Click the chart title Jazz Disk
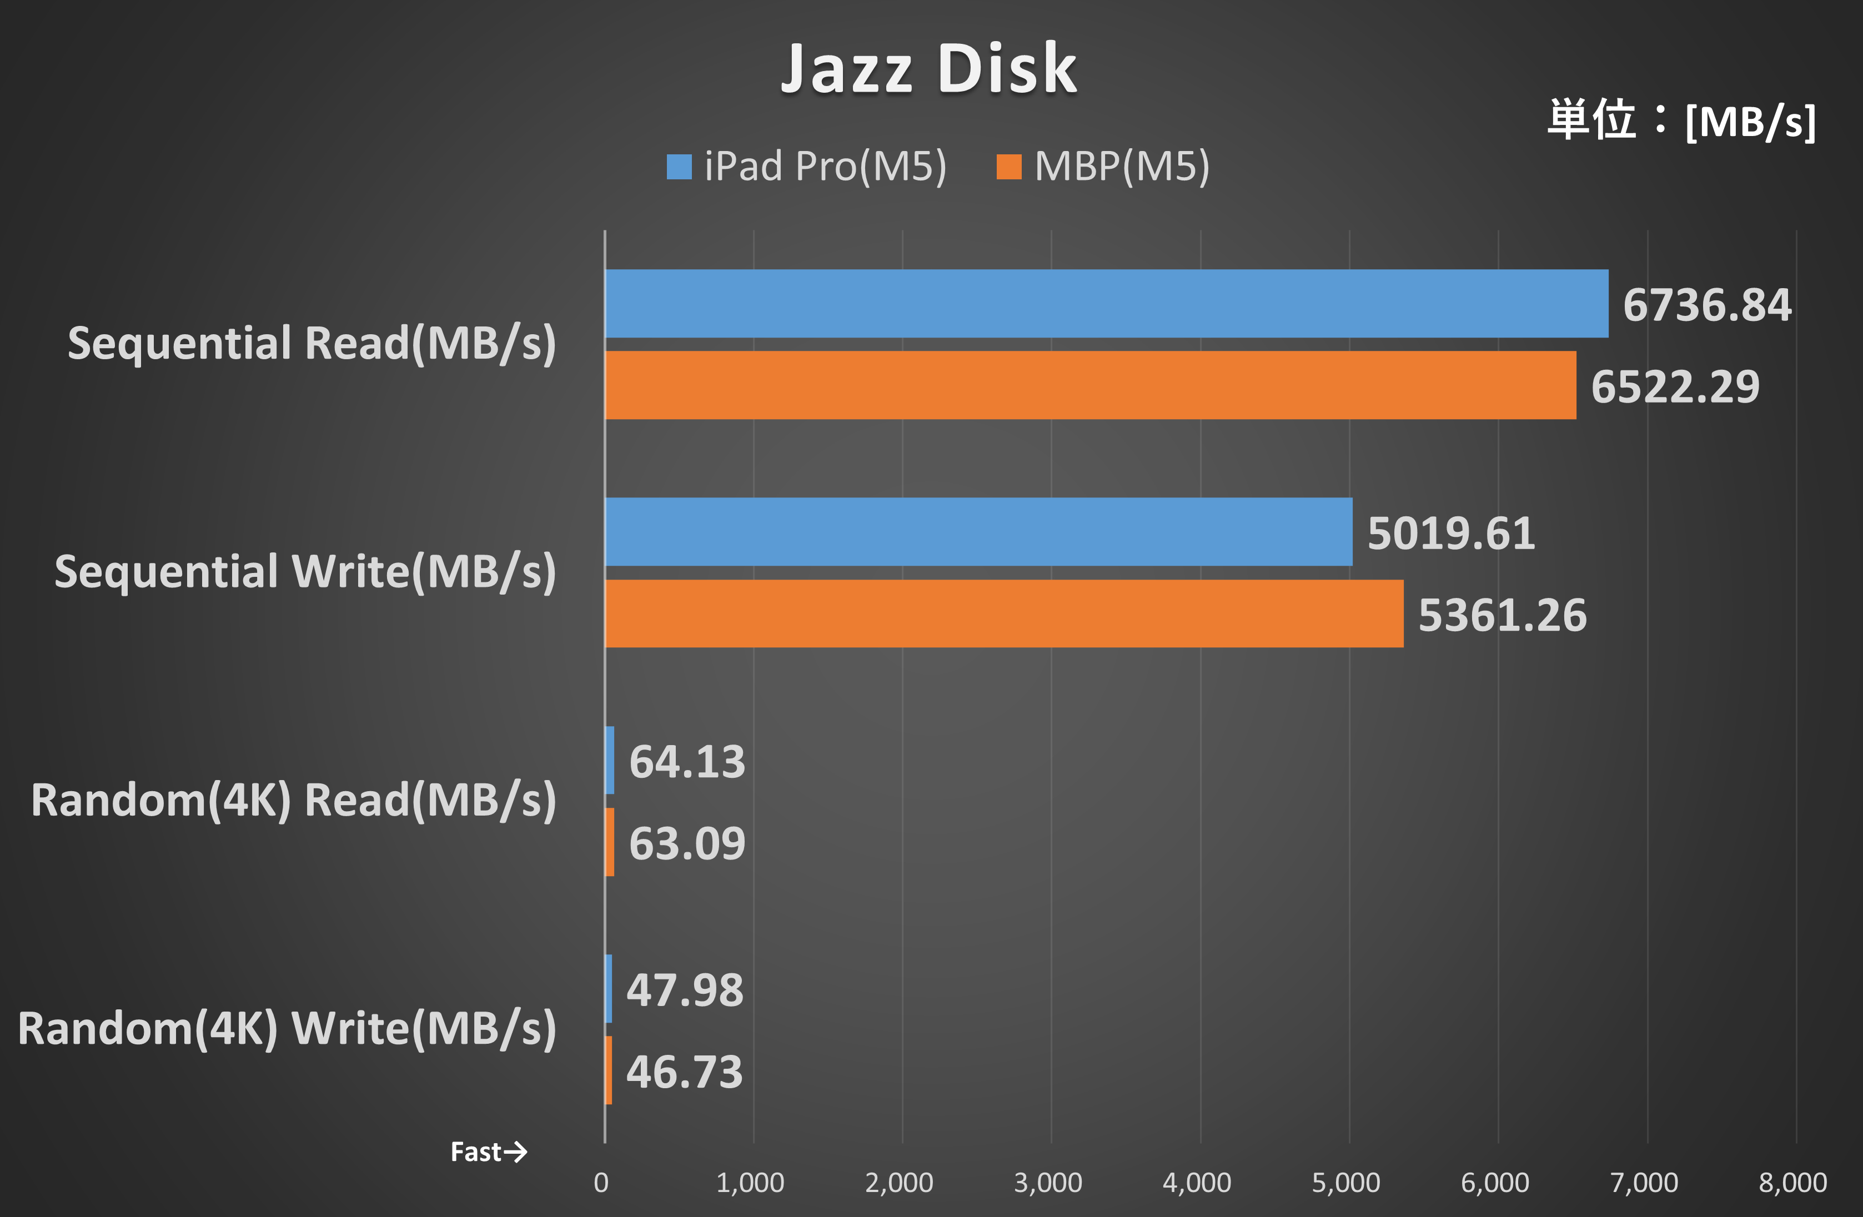[929, 69]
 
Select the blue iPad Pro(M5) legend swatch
[679, 167]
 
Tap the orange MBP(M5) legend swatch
[1008, 167]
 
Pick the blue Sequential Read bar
[1106, 304]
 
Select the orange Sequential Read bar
[1091, 385]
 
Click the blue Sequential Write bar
[978, 531]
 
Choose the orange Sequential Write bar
[1005, 613]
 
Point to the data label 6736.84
[1706, 305]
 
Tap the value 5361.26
[1502, 615]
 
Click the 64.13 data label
[686, 762]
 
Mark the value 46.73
[684, 1072]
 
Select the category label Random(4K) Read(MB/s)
[294, 800]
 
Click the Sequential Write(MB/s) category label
[305, 571]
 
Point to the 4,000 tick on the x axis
[1196, 1182]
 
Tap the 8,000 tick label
[1792, 1182]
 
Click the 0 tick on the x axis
[601, 1182]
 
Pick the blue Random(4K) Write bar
[608, 988]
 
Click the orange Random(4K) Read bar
[609, 842]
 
